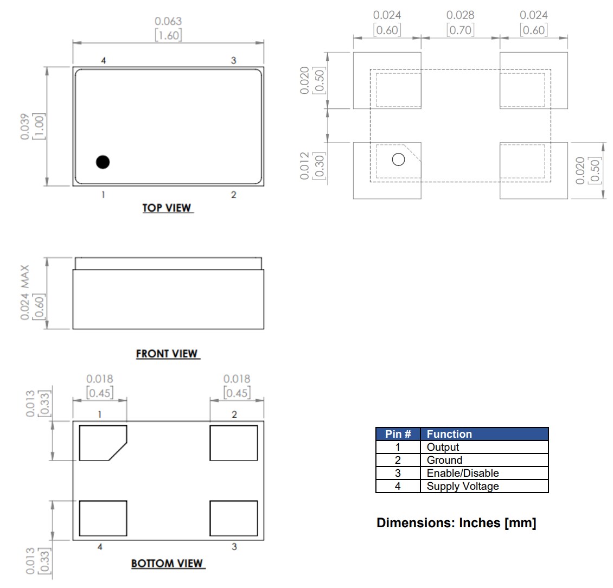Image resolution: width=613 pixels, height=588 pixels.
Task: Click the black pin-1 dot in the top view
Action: pyautogui.click(x=103, y=162)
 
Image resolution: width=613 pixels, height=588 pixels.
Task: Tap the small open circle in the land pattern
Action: pyautogui.click(x=398, y=159)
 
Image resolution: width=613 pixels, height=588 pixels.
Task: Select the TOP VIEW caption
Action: pyautogui.click(x=167, y=208)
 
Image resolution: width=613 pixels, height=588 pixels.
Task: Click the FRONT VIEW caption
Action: pyautogui.click(x=167, y=354)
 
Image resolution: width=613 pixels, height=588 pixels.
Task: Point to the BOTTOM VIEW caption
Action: pyautogui.click(x=168, y=564)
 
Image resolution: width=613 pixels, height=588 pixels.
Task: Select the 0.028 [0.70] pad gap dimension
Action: pyautogui.click(x=460, y=23)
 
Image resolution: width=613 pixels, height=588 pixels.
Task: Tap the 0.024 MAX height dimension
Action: pyautogui.click(x=33, y=293)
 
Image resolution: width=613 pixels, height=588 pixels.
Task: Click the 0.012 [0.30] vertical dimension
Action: pyautogui.click(x=312, y=165)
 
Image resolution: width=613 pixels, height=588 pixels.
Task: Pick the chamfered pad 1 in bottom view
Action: pyautogui.click(x=102, y=443)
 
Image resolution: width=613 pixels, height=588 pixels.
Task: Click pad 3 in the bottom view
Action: pyautogui.click(x=233, y=517)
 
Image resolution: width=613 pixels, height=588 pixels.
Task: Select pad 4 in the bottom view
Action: pyautogui.click(x=103, y=517)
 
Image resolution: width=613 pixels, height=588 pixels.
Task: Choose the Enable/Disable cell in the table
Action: pyautogui.click(x=462, y=473)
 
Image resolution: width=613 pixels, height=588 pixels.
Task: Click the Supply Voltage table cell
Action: pyautogui.click(x=462, y=486)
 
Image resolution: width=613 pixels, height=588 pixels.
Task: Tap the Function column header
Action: pyautogui.click(x=449, y=434)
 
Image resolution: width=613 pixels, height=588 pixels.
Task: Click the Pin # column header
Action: pyautogui.click(x=398, y=434)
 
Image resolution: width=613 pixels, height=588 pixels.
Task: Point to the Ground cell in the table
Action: pyautogui.click(x=444, y=460)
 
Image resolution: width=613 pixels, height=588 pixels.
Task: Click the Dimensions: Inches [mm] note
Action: pyautogui.click(x=456, y=523)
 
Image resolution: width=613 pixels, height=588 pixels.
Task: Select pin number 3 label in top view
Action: pyautogui.click(x=233, y=60)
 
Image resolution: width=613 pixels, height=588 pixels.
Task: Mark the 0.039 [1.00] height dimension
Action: pyautogui.click(x=33, y=126)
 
